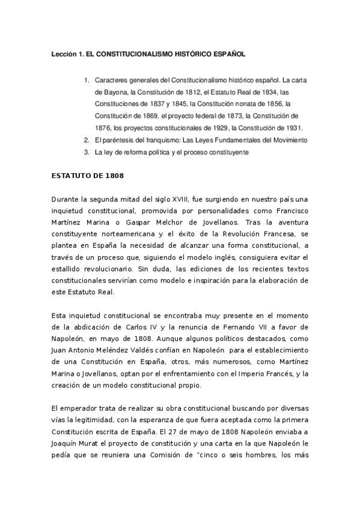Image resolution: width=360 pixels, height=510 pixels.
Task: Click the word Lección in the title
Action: (x=63, y=54)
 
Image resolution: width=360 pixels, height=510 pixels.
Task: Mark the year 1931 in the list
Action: (x=293, y=127)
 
